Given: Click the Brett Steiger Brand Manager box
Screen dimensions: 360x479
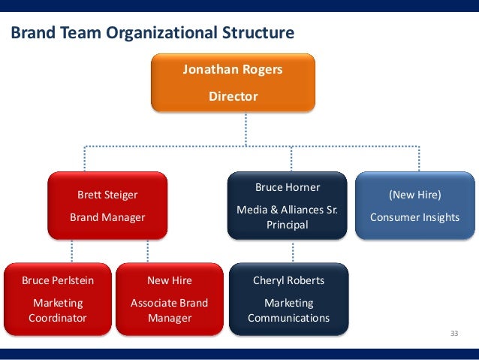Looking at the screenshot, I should [x=107, y=205].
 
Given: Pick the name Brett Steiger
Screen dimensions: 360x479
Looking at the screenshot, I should [x=107, y=195].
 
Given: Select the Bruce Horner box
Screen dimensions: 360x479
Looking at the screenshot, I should [x=288, y=205].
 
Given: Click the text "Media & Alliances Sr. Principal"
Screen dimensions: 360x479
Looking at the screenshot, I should [x=288, y=216].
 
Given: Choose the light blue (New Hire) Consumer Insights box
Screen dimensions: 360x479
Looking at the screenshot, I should [x=414, y=205].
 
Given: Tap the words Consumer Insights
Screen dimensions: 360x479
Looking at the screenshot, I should [x=414, y=217].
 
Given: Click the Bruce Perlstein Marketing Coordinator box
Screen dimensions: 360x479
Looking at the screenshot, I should [x=58, y=298].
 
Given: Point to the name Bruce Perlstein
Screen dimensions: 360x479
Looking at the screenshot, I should [x=58, y=280].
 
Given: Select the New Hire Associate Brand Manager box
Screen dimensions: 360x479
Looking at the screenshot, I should [x=169, y=298].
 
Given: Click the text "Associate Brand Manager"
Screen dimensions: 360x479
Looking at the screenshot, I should [x=169, y=310].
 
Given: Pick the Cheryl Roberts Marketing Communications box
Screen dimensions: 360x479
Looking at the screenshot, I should [x=288, y=298].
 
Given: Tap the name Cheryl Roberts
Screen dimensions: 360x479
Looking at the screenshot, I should [x=288, y=280].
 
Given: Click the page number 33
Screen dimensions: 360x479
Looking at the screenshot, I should [x=453, y=333].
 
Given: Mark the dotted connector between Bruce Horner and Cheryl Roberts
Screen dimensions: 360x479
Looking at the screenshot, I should [x=288, y=251].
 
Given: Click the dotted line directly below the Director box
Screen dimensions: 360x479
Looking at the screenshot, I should [x=246, y=128].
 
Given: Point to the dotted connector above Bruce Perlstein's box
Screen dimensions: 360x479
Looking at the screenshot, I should [x=72, y=251].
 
